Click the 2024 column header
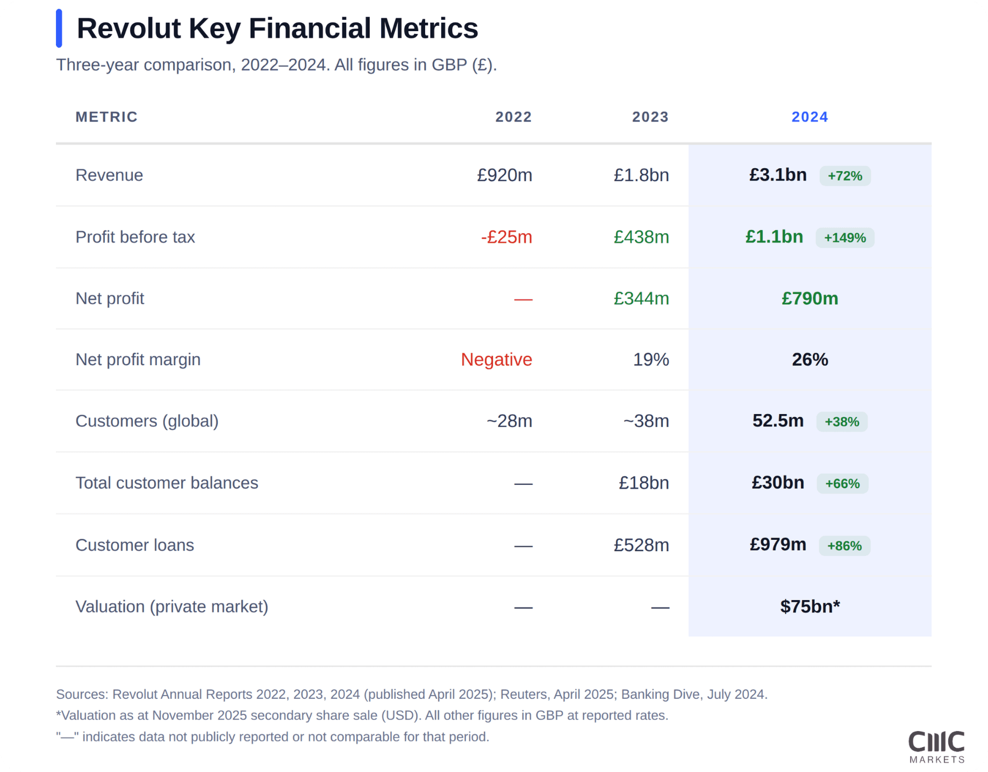coord(810,117)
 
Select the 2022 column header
coord(513,117)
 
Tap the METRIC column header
coord(106,117)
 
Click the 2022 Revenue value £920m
coord(504,175)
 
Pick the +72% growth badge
coord(844,176)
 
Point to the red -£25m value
coord(506,237)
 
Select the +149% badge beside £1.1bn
coord(844,238)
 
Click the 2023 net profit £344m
coord(641,298)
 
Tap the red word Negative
coord(496,359)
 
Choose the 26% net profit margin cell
coord(810,359)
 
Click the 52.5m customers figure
coord(778,420)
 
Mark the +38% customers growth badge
coord(842,421)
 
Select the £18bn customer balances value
coord(643,483)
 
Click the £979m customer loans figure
coord(778,545)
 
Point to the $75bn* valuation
coord(810,606)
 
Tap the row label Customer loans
coord(134,545)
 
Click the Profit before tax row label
coord(135,237)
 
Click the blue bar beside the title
coord(59,28)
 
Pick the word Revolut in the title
coord(128,28)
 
